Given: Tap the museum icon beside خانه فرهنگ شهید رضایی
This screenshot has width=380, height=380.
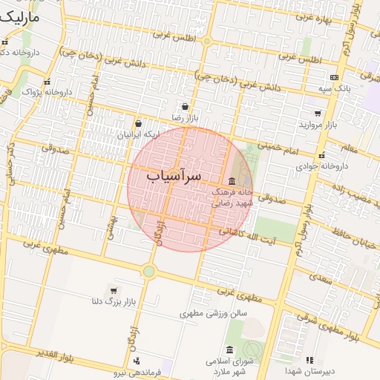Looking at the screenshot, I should click(x=232, y=181).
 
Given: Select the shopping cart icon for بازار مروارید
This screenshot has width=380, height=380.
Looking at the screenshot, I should click(x=318, y=114).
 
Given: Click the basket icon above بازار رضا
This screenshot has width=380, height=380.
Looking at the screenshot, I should click(x=183, y=107).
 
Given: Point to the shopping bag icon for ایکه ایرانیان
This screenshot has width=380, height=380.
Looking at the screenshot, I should click(x=139, y=123).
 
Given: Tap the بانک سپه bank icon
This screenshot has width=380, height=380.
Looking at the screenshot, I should click(x=334, y=77).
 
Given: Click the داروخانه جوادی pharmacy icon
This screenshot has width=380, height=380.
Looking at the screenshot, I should click(x=321, y=156).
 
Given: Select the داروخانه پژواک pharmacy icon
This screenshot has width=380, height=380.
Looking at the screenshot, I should click(x=47, y=82).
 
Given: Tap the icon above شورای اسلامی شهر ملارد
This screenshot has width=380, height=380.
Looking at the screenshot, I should click(x=229, y=350).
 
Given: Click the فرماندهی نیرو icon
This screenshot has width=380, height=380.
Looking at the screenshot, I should click(x=136, y=361).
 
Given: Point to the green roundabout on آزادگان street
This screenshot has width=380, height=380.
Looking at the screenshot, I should click(x=148, y=272).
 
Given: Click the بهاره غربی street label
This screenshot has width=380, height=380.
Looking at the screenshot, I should click(x=316, y=16).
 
